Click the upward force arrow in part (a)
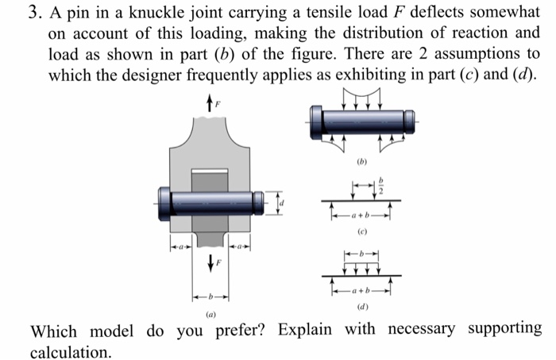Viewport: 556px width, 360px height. coord(208,103)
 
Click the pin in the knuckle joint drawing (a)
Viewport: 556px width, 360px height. coord(210,202)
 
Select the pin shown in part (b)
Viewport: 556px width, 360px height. coord(363,120)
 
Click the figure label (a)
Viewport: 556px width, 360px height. coord(210,315)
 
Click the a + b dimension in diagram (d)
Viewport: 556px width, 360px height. coord(363,289)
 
